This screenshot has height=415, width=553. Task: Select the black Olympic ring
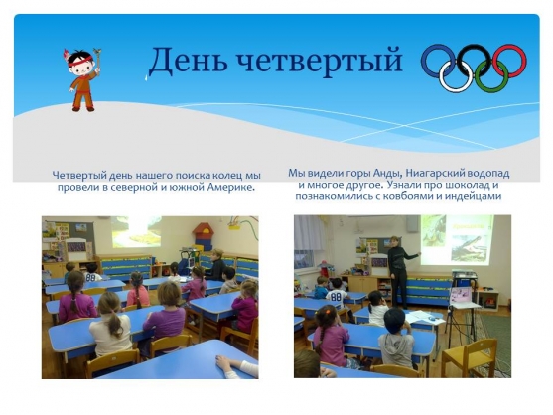point(474,47)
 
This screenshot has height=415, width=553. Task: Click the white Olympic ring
point(456,91)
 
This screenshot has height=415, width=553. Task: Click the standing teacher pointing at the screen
point(398,271)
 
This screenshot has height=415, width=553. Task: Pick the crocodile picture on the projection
point(469,248)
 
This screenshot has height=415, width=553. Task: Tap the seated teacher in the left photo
point(215,265)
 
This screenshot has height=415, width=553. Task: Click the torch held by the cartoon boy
point(97,59)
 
